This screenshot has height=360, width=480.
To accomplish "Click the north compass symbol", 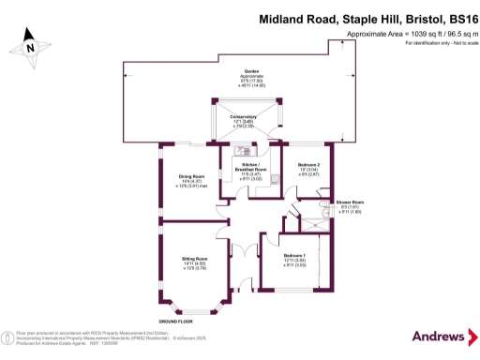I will tap(31, 45).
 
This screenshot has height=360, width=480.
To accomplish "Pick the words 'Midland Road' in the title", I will tap(292, 17).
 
